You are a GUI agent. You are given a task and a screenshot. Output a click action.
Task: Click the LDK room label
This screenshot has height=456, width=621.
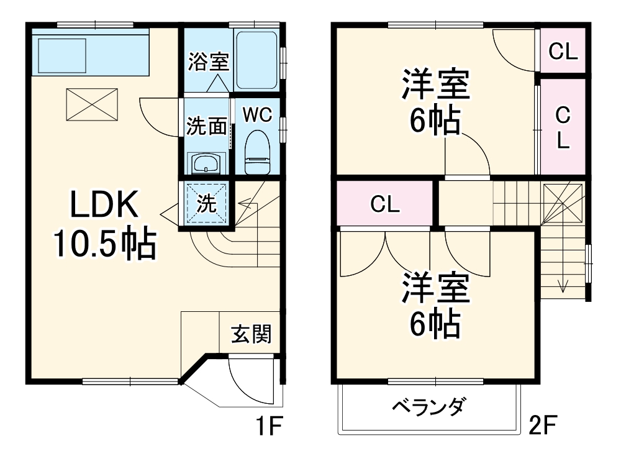pyautogui.click(x=102, y=204)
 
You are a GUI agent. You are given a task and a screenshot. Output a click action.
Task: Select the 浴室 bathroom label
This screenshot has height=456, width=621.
pyautogui.click(x=209, y=62)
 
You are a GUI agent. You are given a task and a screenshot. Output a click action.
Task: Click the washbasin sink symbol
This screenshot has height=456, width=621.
pyautogui.click(x=206, y=164)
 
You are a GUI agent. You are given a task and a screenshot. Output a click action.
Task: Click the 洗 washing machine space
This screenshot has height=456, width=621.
pyautogui.click(x=206, y=203)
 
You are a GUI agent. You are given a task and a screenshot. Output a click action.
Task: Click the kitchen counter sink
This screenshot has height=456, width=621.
pyautogui.click(x=62, y=55)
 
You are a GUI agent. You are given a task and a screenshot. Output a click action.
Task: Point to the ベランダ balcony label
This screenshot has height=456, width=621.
pyautogui.click(x=428, y=408)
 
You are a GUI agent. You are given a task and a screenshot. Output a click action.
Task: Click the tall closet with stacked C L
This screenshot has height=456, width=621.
pyautogui.click(x=563, y=127)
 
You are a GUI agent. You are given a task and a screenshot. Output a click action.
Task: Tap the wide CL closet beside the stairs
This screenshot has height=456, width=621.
pyautogui.click(x=385, y=203)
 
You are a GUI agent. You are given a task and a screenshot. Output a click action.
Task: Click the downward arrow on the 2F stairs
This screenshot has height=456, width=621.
pyautogui.click(x=563, y=286)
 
